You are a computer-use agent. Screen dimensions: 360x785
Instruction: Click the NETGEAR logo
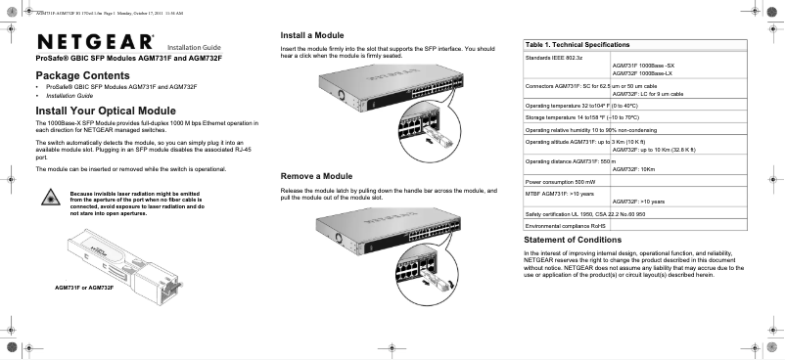96,42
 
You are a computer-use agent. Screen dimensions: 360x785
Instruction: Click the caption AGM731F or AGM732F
85,288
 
